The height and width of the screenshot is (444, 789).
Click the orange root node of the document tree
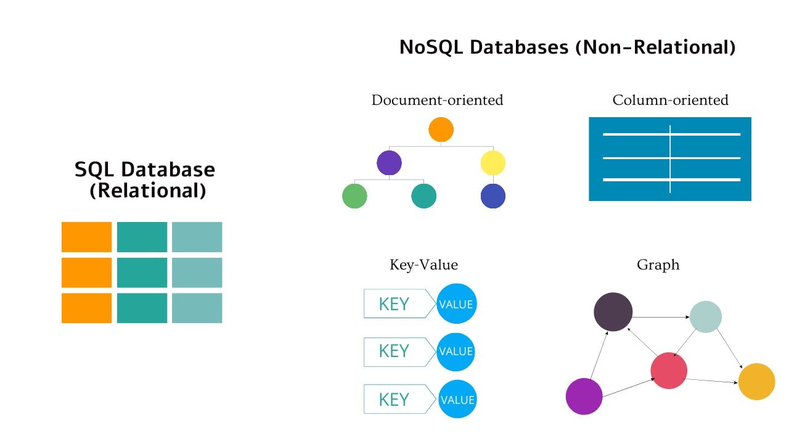(x=441, y=129)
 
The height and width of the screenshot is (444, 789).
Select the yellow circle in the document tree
(x=493, y=163)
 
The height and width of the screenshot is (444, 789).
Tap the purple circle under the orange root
(x=389, y=163)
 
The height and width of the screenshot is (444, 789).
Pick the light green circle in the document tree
(x=354, y=196)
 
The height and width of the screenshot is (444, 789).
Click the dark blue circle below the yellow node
(x=493, y=196)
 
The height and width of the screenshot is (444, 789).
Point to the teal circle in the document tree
(x=423, y=196)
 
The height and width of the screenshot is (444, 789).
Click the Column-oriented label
(x=670, y=100)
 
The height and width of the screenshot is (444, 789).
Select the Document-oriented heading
(x=437, y=100)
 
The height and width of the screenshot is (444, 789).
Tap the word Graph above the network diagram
(x=658, y=265)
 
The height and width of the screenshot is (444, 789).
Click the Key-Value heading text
(x=423, y=265)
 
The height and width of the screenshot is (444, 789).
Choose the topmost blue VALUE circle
(x=456, y=303)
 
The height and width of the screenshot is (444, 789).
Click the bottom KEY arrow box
(x=394, y=399)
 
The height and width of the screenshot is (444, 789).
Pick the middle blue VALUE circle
(x=456, y=351)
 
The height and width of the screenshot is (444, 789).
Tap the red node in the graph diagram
(x=669, y=371)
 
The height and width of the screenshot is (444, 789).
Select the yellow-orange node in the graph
(x=756, y=382)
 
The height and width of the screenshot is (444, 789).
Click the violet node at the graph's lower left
(x=584, y=397)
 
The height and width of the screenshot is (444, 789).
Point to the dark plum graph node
(x=613, y=311)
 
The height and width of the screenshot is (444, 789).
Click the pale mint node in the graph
(x=706, y=317)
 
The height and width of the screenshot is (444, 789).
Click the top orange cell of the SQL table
(x=86, y=237)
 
